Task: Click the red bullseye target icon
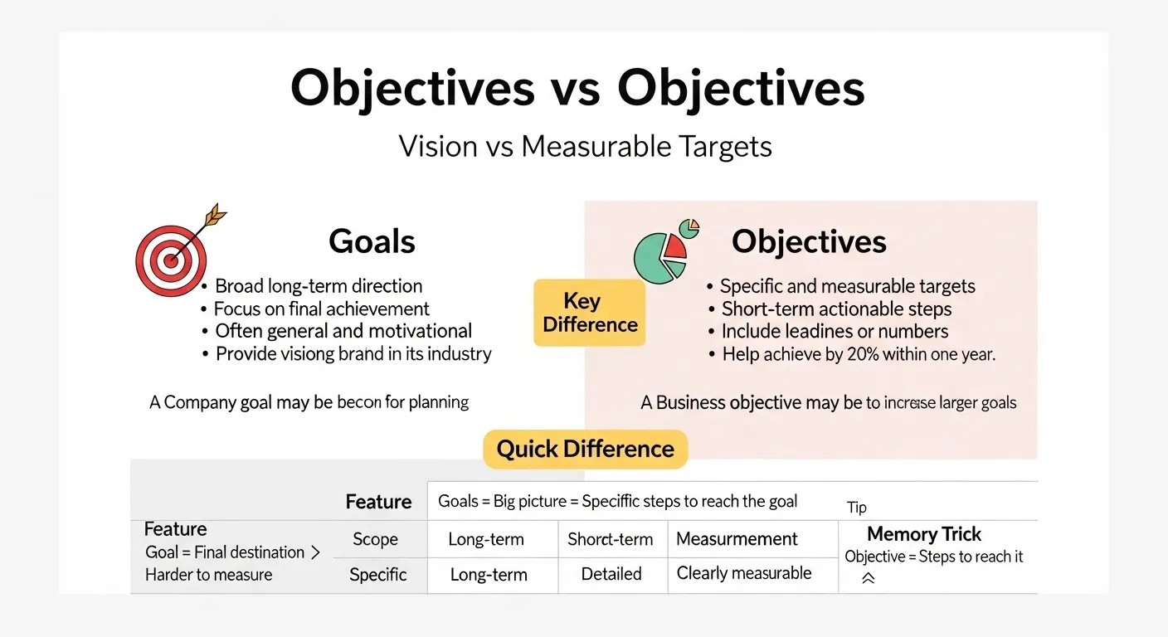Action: point(170,260)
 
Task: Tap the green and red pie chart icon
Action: point(662,252)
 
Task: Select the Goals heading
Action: point(372,241)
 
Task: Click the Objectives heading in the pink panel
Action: point(809,241)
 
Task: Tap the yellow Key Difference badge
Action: point(590,313)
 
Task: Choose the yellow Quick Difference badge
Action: point(585,450)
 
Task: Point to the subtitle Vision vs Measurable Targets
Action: point(585,146)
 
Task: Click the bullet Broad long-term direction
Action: point(319,286)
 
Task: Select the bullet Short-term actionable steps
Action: point(836,309)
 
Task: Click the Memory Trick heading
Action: point(924,534)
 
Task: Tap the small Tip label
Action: point(857,508)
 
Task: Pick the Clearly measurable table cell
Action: point(744,573)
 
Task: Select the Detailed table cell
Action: point(611,574)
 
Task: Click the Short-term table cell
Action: point(610,539)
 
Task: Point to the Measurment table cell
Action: point(737,539)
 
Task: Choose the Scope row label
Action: point(375,539)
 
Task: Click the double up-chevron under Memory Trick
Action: point(868,579)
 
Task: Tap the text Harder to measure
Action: point(208,575)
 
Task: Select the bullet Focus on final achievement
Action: point(322,309)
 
